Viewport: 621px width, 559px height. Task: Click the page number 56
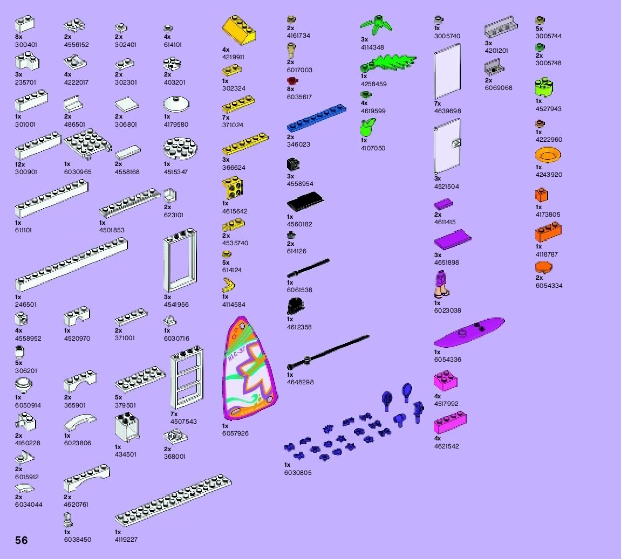click(22, 540)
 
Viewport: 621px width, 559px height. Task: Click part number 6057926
click(235, 433)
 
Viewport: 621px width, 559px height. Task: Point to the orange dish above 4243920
click(548, 156)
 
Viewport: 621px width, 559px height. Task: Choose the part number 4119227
click(126, 539)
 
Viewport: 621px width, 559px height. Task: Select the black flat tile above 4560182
click(305, 202)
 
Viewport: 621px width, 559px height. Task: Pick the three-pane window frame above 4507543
click(187, 381)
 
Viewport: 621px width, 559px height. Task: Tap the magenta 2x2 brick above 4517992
click(446, 381)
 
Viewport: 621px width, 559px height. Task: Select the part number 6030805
click(298, 473)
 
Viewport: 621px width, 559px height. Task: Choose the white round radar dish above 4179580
click(175, 103)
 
